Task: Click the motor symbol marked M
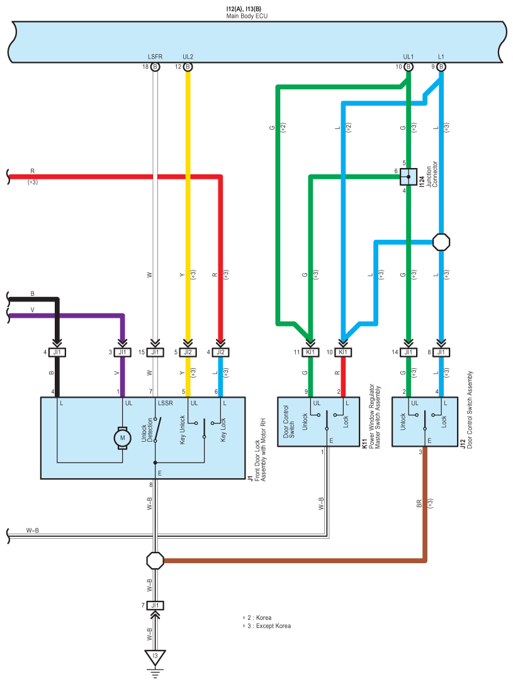122,438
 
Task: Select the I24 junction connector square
409,177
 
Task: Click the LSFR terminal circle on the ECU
155,67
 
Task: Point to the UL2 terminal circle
188,67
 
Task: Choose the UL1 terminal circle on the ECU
409,67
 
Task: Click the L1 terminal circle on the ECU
441,67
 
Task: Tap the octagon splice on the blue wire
441,242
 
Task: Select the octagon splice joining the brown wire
155,561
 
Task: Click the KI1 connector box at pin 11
310,352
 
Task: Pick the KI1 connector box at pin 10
343,352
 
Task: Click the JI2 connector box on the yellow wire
188,352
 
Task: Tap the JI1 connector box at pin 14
409,352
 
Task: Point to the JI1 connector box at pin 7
155,605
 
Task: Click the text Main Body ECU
247,16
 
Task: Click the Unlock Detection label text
147,430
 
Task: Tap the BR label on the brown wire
419,503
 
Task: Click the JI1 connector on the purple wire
122,352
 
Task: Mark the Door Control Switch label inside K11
289,422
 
